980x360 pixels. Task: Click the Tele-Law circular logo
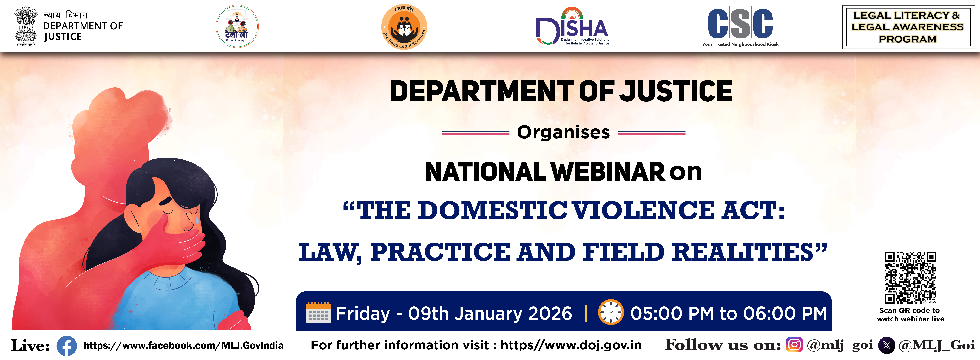pyautogui.click(x=237, y=26)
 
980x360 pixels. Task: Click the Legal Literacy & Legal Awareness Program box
pyautogui.click(x=908, y=27)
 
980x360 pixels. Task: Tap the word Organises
pyautogui.click(x=563, y=132)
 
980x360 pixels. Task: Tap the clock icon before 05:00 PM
pyautogui.click(x=611, y=312)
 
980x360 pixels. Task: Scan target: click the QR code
pyautogui.click(x=910, y=277)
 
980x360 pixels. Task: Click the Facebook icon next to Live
pyautogui.click(x=67, y=346)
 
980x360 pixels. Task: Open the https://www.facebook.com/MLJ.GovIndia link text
pyautogui.click(x=183, y=346)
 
